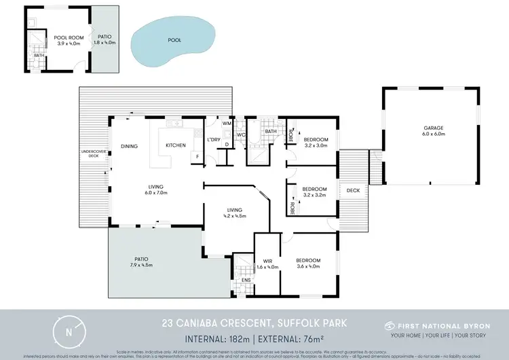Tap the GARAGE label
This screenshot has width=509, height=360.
pyautogui.click(x=434, y=128)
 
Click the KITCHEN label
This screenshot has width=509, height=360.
pyautogui.click(x=176, y=145)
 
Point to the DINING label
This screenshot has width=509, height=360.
pyautogui.click(x=129, y=145)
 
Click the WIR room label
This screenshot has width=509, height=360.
pyautogui.click(x=267, y=261)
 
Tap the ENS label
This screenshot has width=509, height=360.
pyautogui.click(x=246, y=279)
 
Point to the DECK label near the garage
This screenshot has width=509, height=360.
pyautogui.click(x=353, y=190)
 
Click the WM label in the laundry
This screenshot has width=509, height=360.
pyautogui.click(x=226, y=123)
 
